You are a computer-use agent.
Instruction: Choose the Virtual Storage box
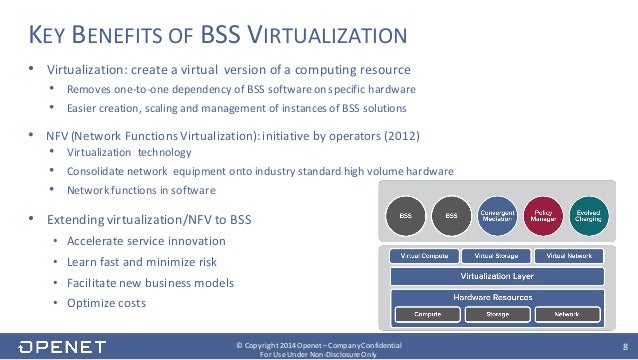click(x=497, y=256)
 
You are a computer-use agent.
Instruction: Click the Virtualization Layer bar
click(x=496, y=275)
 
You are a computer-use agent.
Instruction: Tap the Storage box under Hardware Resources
click(x=497, y=314)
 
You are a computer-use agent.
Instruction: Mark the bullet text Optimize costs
click(x=106, y=303)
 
